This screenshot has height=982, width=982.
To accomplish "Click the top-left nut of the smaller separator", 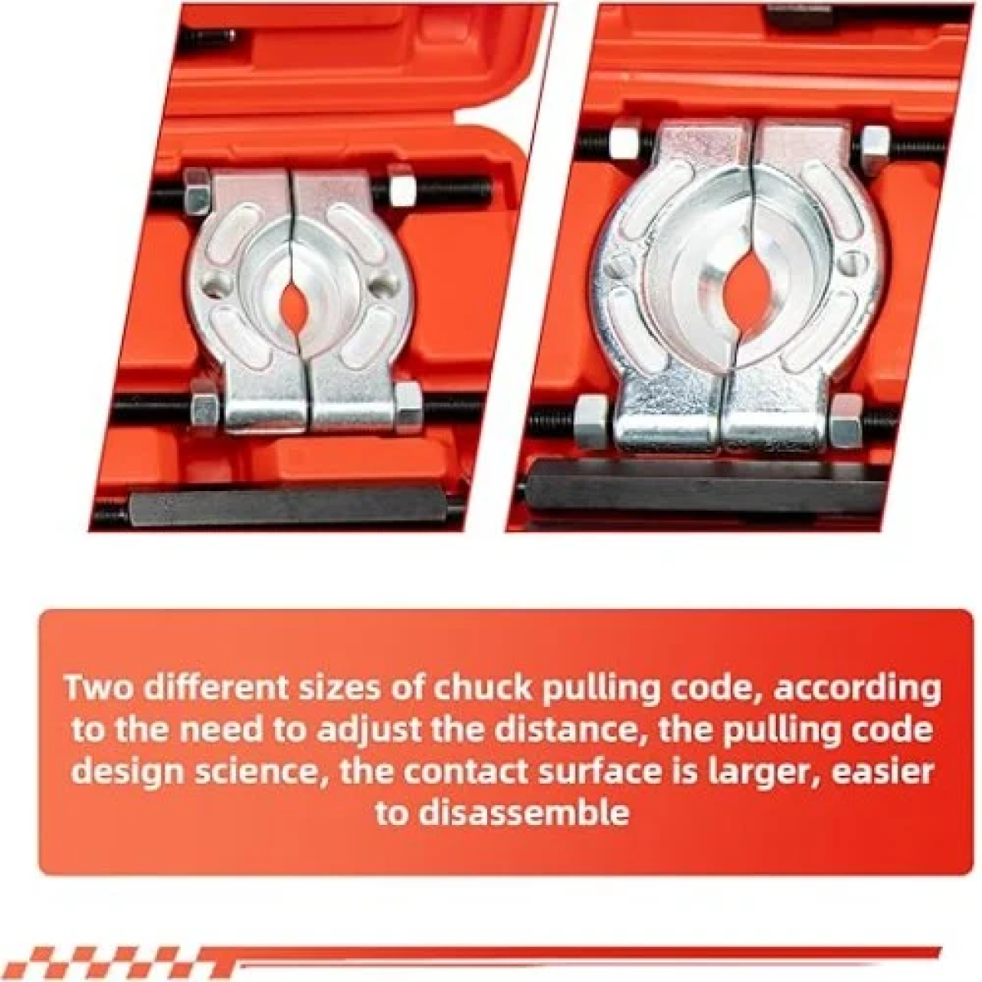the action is coord(196,191).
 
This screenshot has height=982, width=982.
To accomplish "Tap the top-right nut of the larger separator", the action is coord(875,143).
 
